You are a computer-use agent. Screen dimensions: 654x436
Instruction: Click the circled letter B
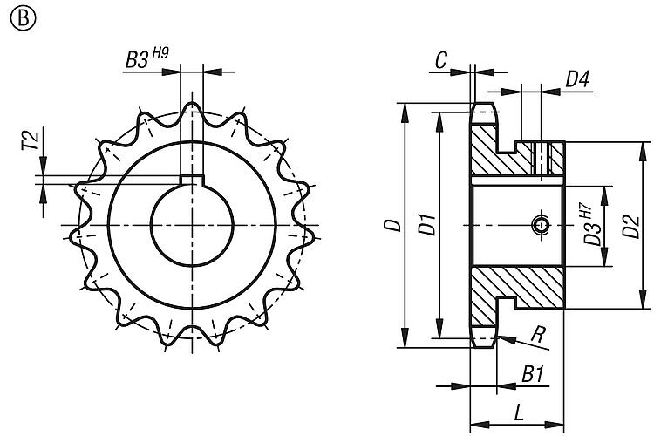[x=24, y=18]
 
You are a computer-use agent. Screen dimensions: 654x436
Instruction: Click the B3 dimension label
[x=137, y=60]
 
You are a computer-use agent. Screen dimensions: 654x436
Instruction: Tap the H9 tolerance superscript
[x=160, y=52]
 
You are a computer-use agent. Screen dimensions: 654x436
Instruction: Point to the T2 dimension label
[x=31, y=140]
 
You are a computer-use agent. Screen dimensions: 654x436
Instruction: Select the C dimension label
[x=441, y=60]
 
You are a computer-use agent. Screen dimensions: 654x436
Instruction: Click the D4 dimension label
[x=577, y=78]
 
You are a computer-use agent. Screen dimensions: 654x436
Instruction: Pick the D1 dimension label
[x=428, y=224]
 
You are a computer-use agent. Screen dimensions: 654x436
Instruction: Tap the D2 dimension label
[x=630, y=226]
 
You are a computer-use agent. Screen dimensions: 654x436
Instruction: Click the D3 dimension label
[x=592, y=234]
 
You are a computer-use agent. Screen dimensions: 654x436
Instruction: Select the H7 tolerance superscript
[x=586, y=209]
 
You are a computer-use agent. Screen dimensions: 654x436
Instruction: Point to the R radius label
[x=539, y=334]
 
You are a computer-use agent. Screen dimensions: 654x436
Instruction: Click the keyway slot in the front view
[x=192, y=181]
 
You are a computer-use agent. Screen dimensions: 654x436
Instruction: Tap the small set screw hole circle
[x=541, y=225]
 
